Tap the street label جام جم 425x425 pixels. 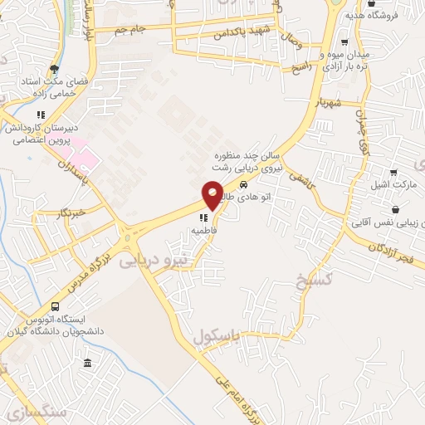[x=132, y=31]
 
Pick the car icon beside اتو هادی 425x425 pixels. [x=243, y=184]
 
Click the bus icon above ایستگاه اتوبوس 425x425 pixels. [x=56, y=306]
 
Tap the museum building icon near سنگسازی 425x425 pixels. [x=87, y=364]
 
